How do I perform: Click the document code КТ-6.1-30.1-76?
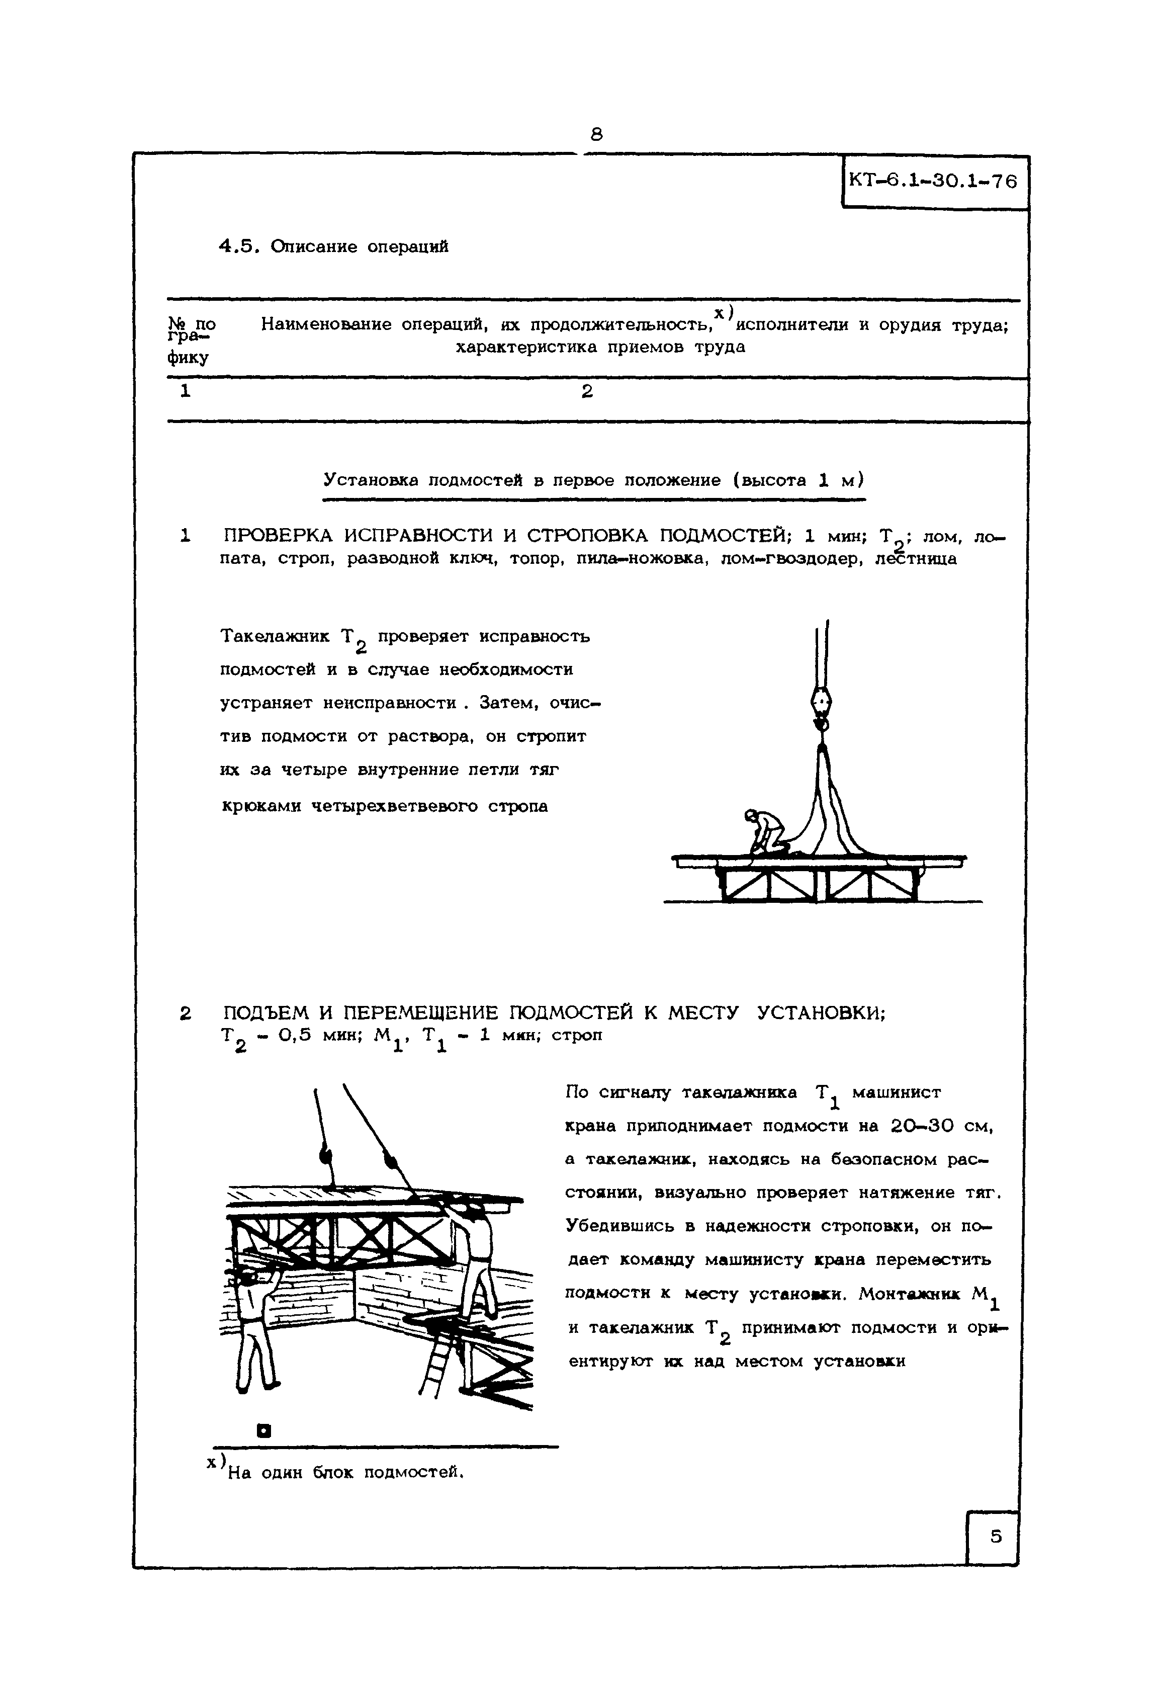pos(933,182)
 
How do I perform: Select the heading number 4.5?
pos(238,246)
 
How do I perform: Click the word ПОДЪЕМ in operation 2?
pos(266,1012)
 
